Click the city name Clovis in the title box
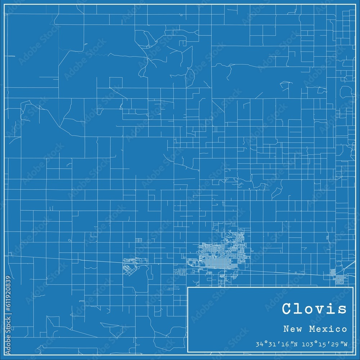tap(314, 309)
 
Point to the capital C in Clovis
tap(288, 309)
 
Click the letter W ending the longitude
tap(345, 345)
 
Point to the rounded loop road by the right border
tap(346, 92)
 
